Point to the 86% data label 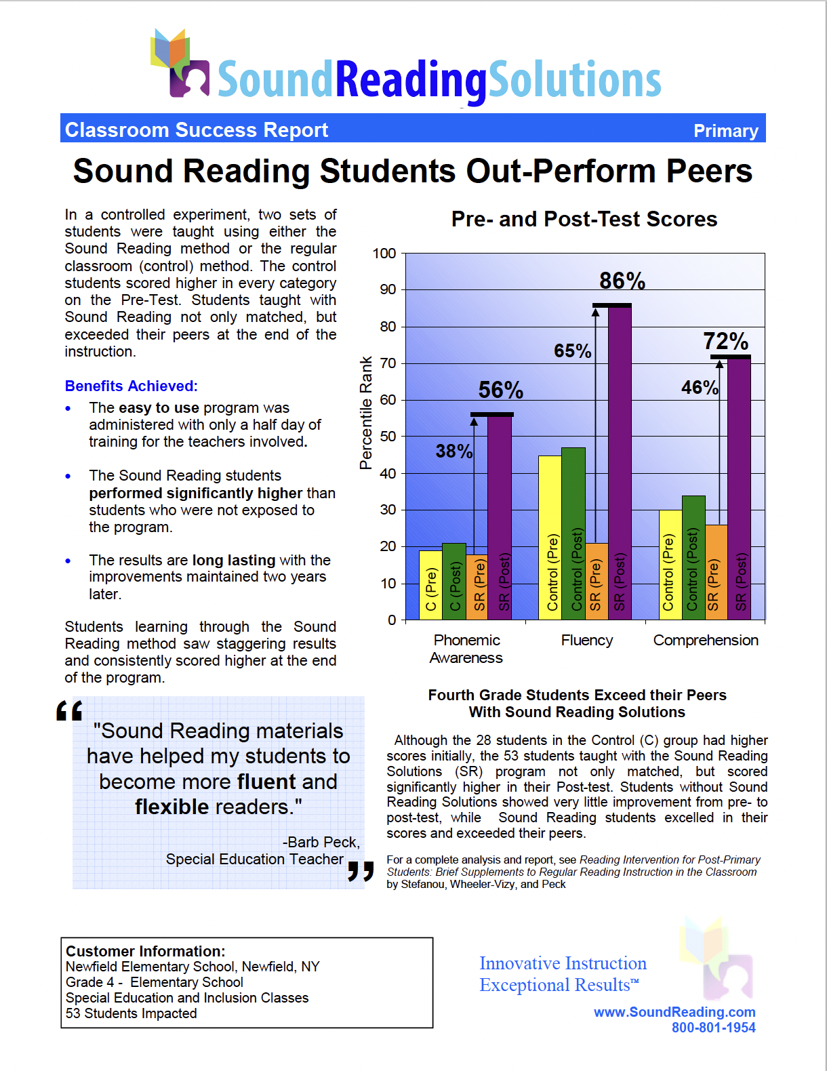pyautogui.click(x=622, y=281)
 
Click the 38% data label pyautogui.click(x=453, y=451)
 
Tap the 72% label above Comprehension pyautogui.click(x=725, y=341)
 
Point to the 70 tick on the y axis pyautogui.click(x=388, y=363)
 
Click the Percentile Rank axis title pyautogui.click(x=366, y=413)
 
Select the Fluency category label pyautogui.click(x=587, y=641)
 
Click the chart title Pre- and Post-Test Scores pyautogui.click(x=584, y=220)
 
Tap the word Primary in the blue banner pyautogui.click(x=725, y=131)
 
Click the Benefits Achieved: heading pyautogui.click(x=132, y=386)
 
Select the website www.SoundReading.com pyautogui.click(x=674, y=1012)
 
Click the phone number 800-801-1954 pyautogui.click(x=713, y=1028)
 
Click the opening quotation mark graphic pyautogui.click(x=69, y=710)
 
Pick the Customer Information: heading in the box pyautogui.click(x=146, y=952)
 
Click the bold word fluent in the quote pyautogui.click(x=267, y=782)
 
